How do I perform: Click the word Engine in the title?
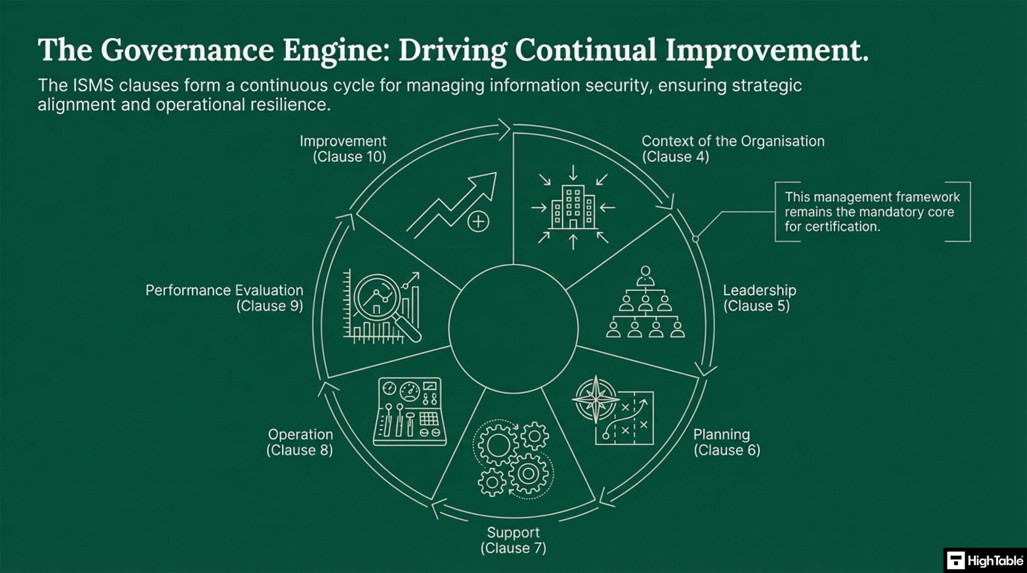(x=332, y=51)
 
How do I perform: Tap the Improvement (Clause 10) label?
(x=343, y=149)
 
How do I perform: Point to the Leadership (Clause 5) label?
(x=759, y=298)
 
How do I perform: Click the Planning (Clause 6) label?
(x=727, y=442)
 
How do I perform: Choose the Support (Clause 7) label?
(x=513, y=540)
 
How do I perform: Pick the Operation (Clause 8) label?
(x=300, y=442)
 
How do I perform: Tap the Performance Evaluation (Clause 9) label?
(x=224, y=298)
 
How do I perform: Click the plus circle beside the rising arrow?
(x=478, y=221)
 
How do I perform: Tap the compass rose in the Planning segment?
(x=596, y=400)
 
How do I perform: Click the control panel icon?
(x=410, y=411)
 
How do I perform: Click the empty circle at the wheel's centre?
(x=513, y=329)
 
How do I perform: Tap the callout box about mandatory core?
(x=873, y=212)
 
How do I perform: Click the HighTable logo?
(x=985, y=560)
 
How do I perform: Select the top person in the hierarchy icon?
(x=645, y=275)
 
